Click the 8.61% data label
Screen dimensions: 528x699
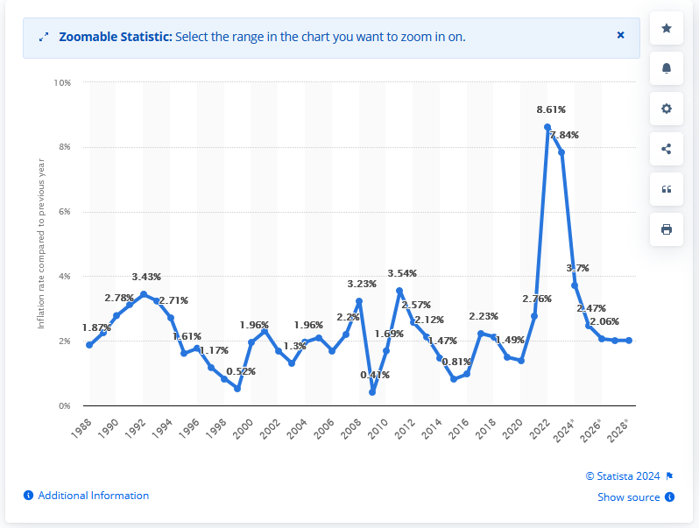[551, 109]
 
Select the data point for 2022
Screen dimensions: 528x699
[547, 127]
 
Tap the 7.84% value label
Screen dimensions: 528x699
[564, 135]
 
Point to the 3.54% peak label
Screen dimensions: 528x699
[402, 273]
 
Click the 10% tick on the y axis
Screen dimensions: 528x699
[62, 82]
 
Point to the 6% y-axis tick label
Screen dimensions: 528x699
[65, 212]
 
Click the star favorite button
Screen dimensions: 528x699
[667, 29]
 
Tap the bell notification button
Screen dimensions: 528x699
[667, 69]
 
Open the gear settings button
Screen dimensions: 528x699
[667, 109]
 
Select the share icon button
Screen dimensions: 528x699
[667, 149]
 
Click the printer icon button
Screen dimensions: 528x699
[667, 229]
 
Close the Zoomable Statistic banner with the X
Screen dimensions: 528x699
[620, 35]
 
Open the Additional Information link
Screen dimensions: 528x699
[87, 496]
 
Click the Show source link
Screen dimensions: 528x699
[635, 497]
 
